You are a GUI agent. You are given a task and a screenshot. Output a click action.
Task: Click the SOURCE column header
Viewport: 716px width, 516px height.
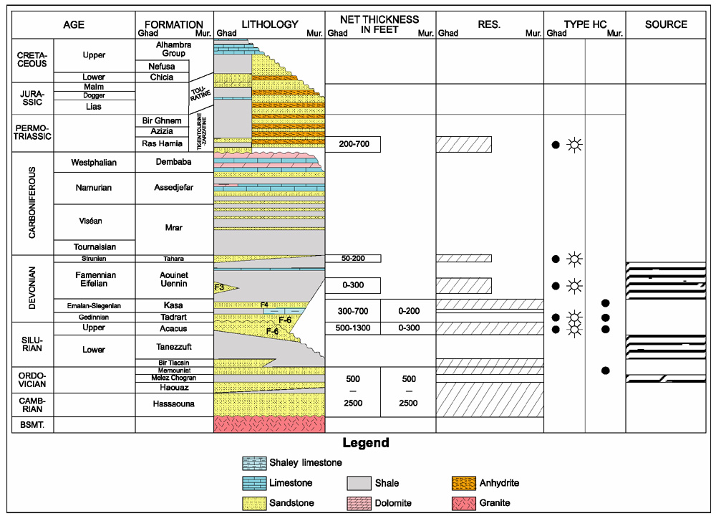[666, 24]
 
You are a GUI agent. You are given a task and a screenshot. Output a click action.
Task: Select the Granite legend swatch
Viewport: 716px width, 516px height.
[463, 503]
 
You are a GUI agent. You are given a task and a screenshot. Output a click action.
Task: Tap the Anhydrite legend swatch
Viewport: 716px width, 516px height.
[463, 483]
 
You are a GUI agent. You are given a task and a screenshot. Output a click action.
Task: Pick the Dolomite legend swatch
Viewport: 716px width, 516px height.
[359, 503]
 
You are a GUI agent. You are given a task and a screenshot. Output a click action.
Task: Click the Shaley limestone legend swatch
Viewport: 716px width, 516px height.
[254, 463]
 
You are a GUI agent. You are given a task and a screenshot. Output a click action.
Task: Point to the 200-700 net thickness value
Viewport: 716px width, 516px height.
[354, 144]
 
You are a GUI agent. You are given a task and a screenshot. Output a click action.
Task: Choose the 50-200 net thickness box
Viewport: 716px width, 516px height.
[353, 258]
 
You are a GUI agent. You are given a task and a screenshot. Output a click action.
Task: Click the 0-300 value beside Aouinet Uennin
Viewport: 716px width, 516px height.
[353, 285]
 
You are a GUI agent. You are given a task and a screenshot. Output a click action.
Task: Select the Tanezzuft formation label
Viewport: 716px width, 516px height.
[173, 347]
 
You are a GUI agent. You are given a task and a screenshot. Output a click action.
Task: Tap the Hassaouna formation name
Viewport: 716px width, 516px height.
[173, 403]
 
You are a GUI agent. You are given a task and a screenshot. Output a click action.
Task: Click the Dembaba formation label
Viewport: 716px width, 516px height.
[173, 162]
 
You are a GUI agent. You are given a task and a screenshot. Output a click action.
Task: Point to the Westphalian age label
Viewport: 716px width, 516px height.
[94, 162]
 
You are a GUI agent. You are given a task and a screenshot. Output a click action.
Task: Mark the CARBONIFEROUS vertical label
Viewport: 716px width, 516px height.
[32, 203]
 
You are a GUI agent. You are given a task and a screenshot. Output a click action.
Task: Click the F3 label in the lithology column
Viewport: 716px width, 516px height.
[219, 287]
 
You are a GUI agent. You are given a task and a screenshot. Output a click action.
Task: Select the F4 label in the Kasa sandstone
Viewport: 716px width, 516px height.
[264, 305]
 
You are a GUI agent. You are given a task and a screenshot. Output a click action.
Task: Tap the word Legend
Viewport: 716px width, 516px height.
[366, 442]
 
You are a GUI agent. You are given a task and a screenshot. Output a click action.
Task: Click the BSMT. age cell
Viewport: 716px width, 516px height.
[32, 424]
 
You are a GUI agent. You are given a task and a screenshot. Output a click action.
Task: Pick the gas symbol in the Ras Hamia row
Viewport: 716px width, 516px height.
[574, 145]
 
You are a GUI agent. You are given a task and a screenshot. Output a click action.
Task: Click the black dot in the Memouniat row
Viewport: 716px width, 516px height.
[606, 371]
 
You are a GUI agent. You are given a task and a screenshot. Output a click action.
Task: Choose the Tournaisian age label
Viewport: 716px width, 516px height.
[95, 247]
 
